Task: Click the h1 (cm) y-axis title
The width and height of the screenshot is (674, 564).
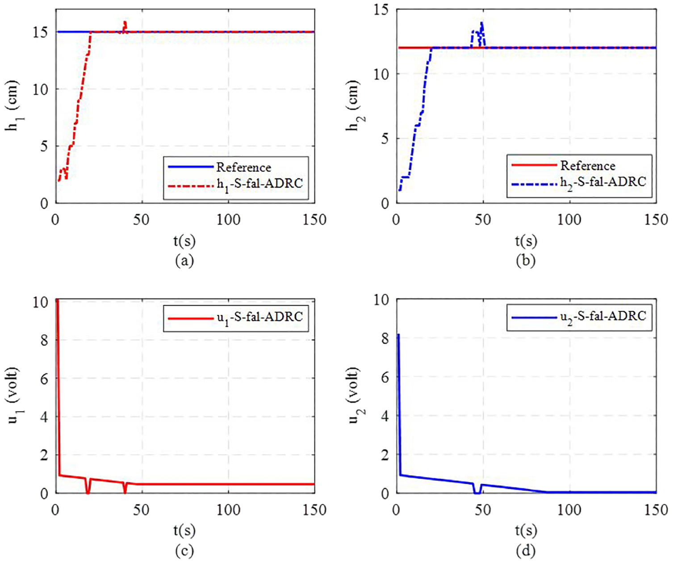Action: [x=13, y=105]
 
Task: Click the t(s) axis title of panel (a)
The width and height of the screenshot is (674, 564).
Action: [x=184, y=241]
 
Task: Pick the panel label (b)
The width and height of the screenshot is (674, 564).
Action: [x=526, y=260]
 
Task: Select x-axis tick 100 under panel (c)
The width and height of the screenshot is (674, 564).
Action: [x=228, y=510]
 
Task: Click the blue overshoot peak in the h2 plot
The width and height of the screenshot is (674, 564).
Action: [x=481, y=23]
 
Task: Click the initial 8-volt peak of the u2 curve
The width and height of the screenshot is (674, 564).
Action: [x=398, y=335]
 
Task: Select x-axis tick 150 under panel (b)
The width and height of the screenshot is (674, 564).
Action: [x=655, y=220]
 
